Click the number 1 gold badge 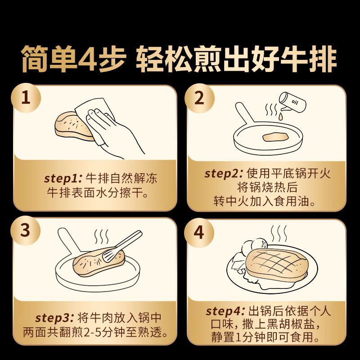26,98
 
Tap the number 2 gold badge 199,98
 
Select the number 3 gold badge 25,230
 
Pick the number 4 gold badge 199,232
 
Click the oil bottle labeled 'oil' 293,103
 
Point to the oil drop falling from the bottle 280,117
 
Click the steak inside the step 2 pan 275,137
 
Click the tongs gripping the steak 122,246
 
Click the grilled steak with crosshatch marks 277,265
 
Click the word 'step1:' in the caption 63,178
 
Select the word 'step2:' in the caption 223,174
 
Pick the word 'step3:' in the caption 54,318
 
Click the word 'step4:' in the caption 225,311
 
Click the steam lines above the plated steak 279,234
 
